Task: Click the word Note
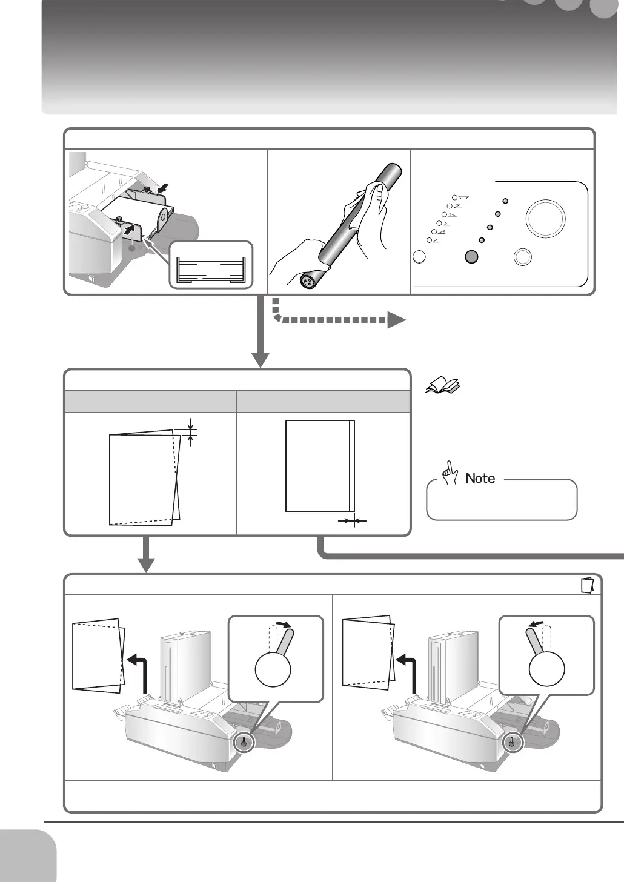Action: [480, 479]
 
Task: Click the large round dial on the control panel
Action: [546, 217]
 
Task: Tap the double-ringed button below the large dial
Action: [522, 257]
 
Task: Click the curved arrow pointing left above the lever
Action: [535, 623]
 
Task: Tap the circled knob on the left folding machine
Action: [245, 742]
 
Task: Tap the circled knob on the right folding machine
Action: [512, 742]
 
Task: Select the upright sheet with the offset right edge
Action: [320, 466]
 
